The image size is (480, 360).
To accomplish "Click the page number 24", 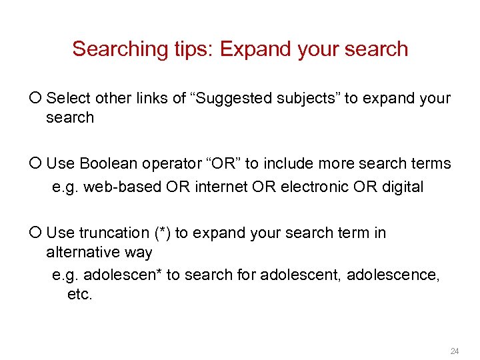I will click(455, 351).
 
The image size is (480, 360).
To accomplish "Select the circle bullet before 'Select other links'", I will click(37, 99).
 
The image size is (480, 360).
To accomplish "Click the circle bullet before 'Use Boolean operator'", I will click(37, 163).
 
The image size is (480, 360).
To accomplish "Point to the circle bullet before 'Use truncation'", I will click(37, 233).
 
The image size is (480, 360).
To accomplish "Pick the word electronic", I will click(309, 187).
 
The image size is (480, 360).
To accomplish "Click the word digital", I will click(403, 187).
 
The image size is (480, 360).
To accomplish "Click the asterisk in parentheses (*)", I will click(163, 233).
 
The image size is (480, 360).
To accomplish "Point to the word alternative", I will click(83, 253).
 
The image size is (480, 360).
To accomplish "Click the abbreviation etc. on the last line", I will click(80, 294).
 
